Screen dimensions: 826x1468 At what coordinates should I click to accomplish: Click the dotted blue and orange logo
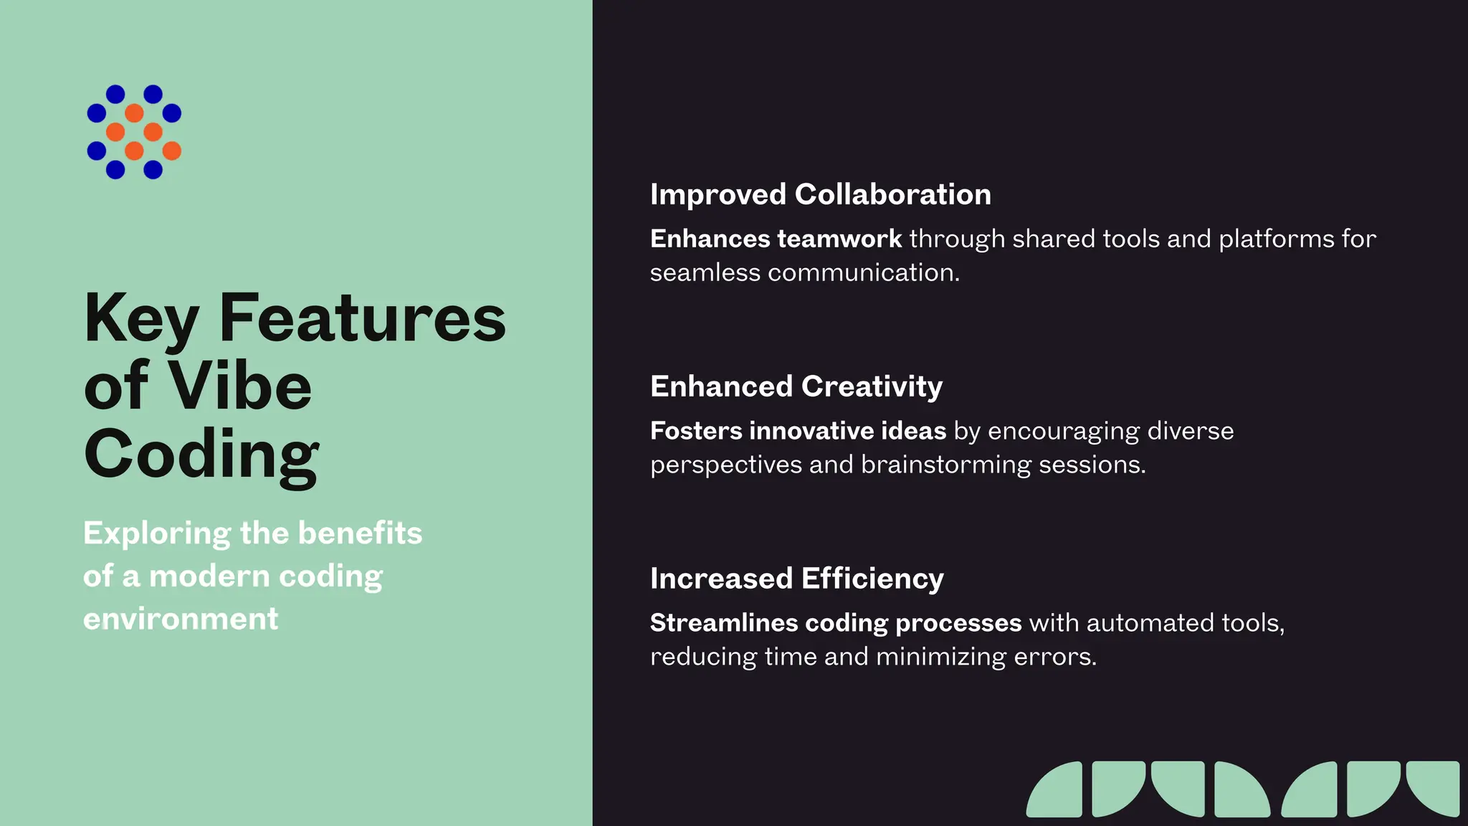[x=134, y=132]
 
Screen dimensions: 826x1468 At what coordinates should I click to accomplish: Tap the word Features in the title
[x=362, y=318]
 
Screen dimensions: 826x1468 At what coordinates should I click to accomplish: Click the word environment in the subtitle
[x=181, y=619]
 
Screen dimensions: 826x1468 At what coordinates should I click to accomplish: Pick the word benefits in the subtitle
[x=360, y=533]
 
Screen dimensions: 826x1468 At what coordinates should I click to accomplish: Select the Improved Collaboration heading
[x=820, y=194]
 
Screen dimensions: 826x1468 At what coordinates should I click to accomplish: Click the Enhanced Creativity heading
[x=796, y=386]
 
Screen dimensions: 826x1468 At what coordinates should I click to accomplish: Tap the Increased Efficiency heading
[x=796, y=579]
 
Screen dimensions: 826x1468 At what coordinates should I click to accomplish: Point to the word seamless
[x=705, y=273]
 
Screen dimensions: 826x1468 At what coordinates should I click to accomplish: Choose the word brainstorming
[x=945, y=465]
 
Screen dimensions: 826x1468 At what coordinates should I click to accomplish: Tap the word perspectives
[x=725, y=466]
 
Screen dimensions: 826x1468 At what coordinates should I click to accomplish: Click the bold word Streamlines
[x=723, y=623]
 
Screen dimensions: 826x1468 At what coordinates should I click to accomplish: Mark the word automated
[x=1149, y=623]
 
